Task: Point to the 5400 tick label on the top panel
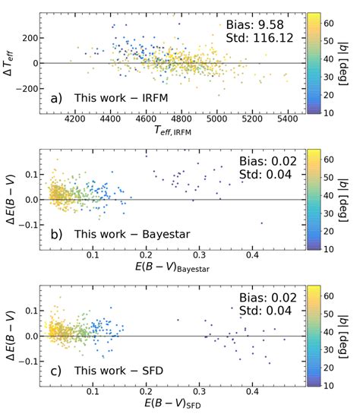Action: click(289, 119)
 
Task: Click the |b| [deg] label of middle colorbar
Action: click(351, 201)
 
